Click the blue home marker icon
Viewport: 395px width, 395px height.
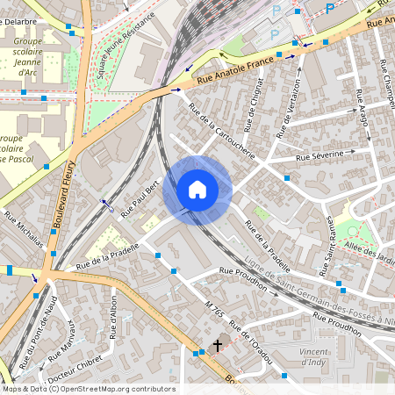[197, 190]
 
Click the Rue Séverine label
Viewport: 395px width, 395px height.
[324, 155]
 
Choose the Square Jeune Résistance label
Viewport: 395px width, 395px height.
[120, 49]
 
